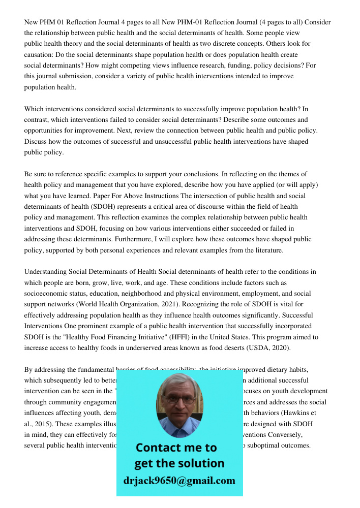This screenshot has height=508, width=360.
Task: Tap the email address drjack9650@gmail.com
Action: [179, 481]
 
